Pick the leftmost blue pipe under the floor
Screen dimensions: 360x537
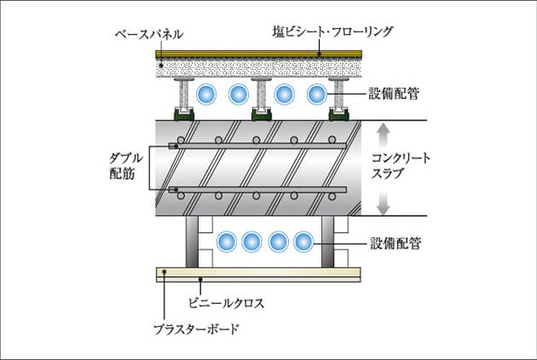(205, 94)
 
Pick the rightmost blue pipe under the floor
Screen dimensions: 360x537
(316, 94)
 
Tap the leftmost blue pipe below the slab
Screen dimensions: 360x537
(226, 242)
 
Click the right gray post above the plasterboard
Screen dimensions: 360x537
(329, 242)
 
